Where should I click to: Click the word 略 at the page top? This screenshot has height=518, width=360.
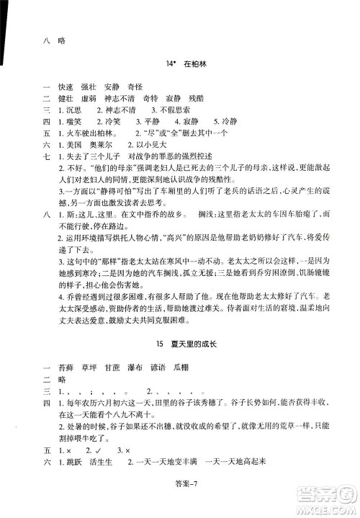[x=61, y=40]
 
